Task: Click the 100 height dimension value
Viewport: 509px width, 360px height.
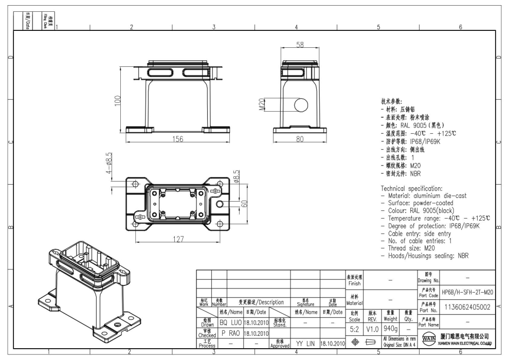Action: tap(118, 101)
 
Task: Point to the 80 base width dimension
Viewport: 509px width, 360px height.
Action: tap(301, 138)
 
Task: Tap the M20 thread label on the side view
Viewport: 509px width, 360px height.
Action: tap(261, 105)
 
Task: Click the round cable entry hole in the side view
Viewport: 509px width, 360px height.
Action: tap(301, 105)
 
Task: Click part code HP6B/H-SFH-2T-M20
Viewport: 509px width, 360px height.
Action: tap(467, 292)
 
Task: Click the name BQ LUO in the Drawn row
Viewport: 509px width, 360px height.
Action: tap(230, 322)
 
